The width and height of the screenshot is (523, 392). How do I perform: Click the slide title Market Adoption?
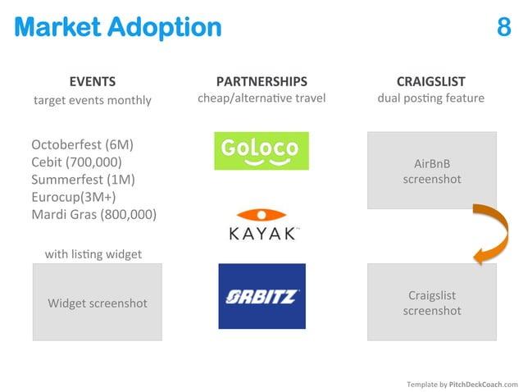[117, 27]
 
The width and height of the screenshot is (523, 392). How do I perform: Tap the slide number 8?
[503, 27]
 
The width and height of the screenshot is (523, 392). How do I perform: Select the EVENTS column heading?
[92, 81]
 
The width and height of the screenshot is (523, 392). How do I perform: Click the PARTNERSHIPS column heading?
[261, 81]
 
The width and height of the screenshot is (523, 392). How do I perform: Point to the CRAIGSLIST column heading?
[430, 81]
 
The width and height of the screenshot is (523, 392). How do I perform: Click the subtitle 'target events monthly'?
[92, 100]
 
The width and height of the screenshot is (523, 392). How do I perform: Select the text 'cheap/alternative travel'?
[261, 98]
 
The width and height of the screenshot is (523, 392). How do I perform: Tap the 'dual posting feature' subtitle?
[430, 98]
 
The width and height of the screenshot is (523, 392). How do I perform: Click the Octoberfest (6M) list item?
[82, 145]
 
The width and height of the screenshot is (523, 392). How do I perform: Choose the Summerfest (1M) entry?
[83, 180]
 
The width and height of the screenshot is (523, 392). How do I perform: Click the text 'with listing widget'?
[93, 254]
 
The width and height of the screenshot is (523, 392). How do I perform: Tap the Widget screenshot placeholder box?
[98, 303]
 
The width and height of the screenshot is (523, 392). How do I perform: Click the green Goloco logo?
[261, 150]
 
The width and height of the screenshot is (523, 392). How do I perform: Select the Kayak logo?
[261, 226]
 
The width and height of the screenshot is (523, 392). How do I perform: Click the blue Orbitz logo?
[261, 296]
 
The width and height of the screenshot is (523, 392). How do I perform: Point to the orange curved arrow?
[484, 234]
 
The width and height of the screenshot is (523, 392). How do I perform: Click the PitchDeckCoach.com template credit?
[462, 384]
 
